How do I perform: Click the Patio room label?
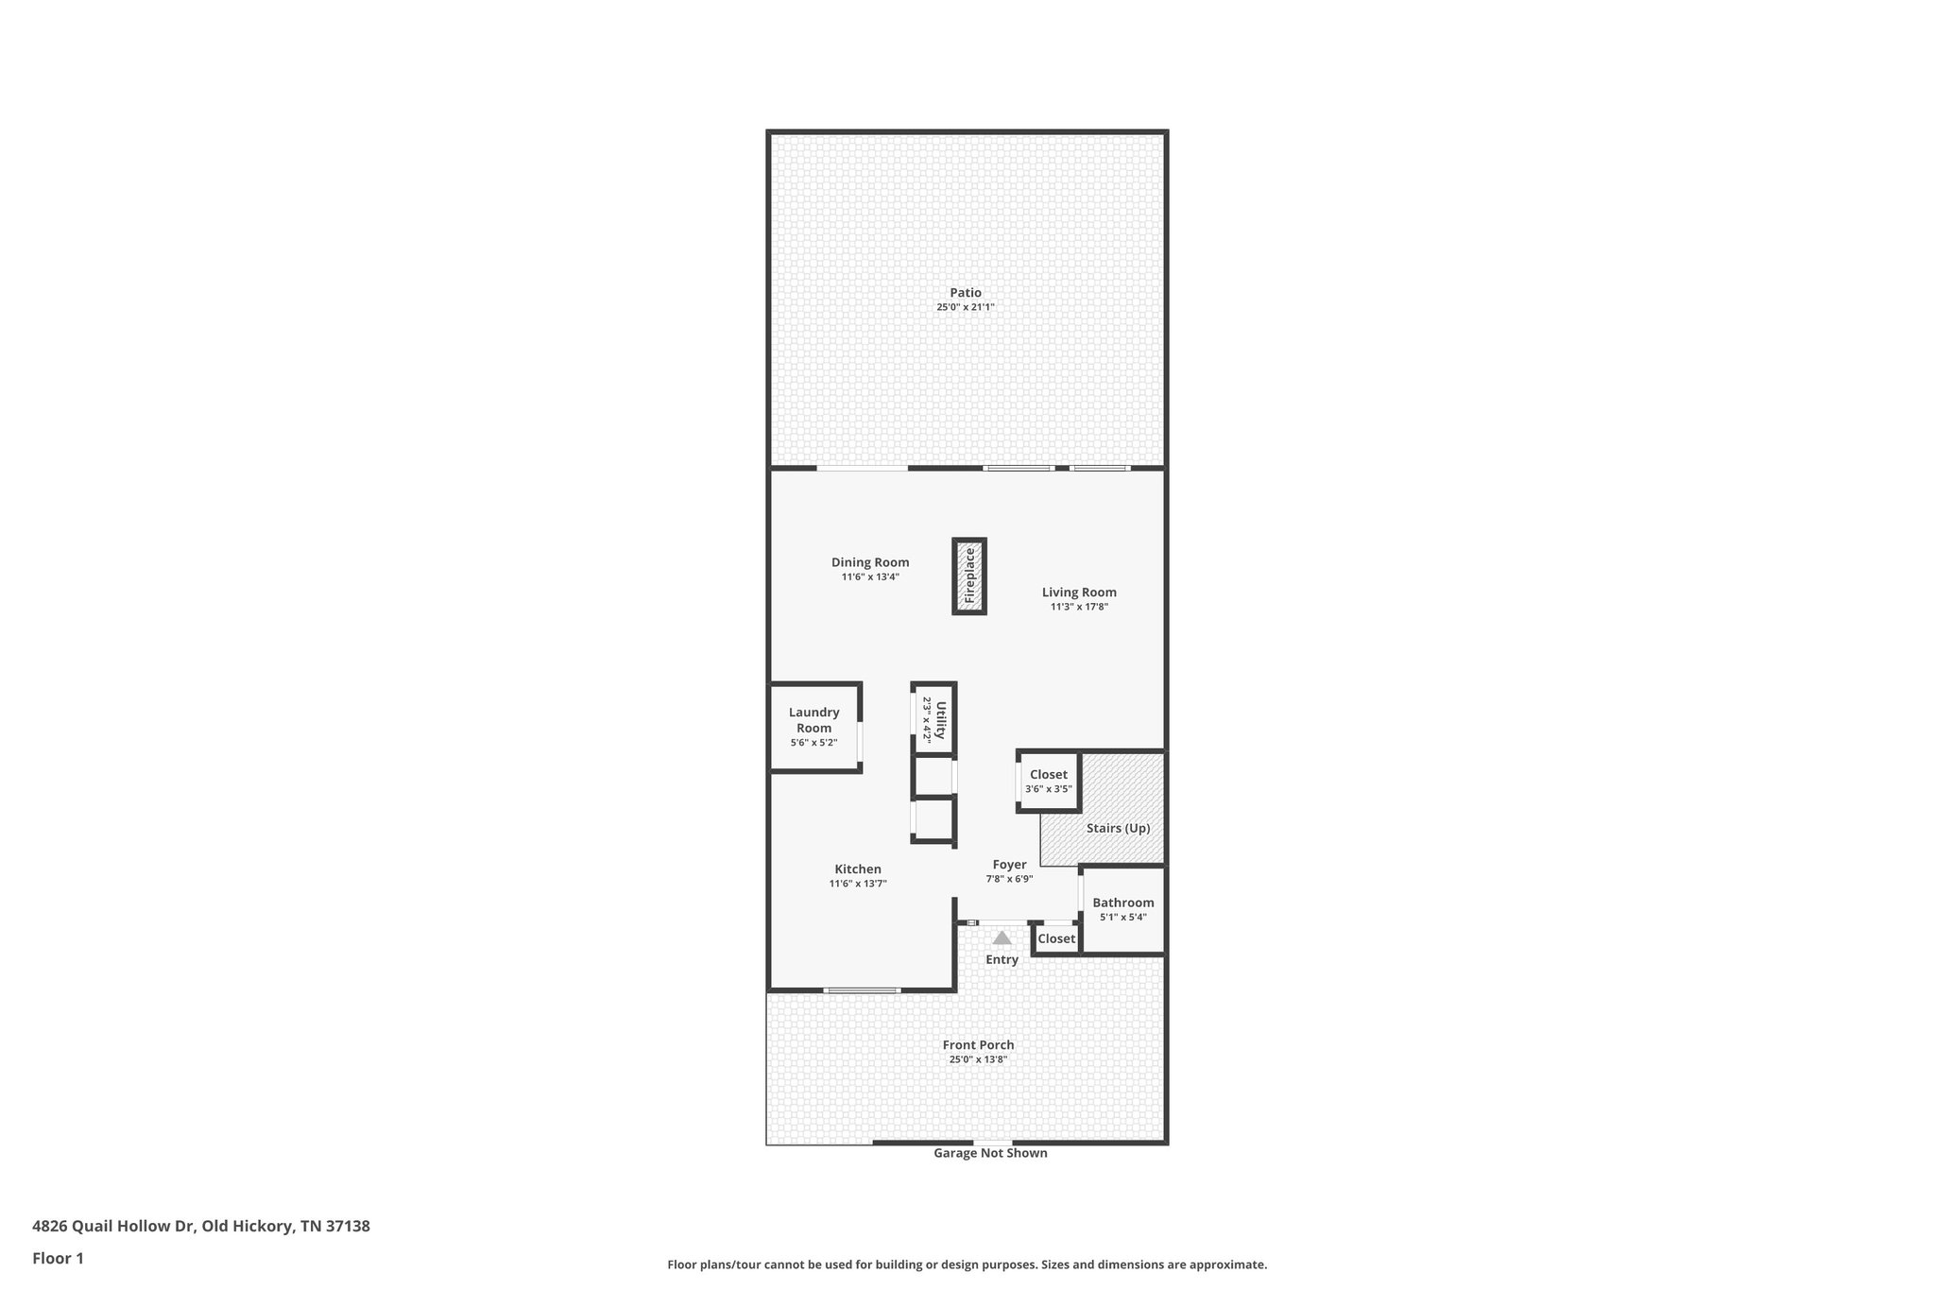click(x=966, y=293)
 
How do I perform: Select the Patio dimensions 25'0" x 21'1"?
click(x=966, y=308)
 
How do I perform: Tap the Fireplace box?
click(x=968, y=576)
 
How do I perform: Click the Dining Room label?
click(x=870, y=562)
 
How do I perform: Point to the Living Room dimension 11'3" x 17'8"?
click(x=1079, y=608)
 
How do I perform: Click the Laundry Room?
click(x=813, y=726)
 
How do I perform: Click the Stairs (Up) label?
click(x=1118, y=829)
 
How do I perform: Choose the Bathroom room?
click(x=1123, y=909)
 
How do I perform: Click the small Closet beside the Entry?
click(x=1056, y=939)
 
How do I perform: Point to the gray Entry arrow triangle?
click(x=1002, y=938)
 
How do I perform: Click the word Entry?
click(x=1002, y=960)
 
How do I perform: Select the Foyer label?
click(x=1009, y=865)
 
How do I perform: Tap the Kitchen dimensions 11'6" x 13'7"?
click(x=858, y=885)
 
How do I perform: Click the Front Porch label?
click(x=978, y=1045)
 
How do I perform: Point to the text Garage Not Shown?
click(x=990, y=1153)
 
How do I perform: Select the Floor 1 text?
click(x=59, y=1259)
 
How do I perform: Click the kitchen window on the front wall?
click(x=862, y=990)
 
